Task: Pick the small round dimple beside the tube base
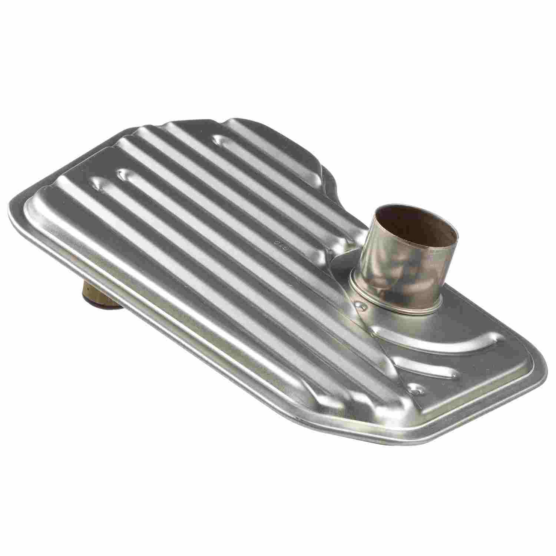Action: point(360,304)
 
